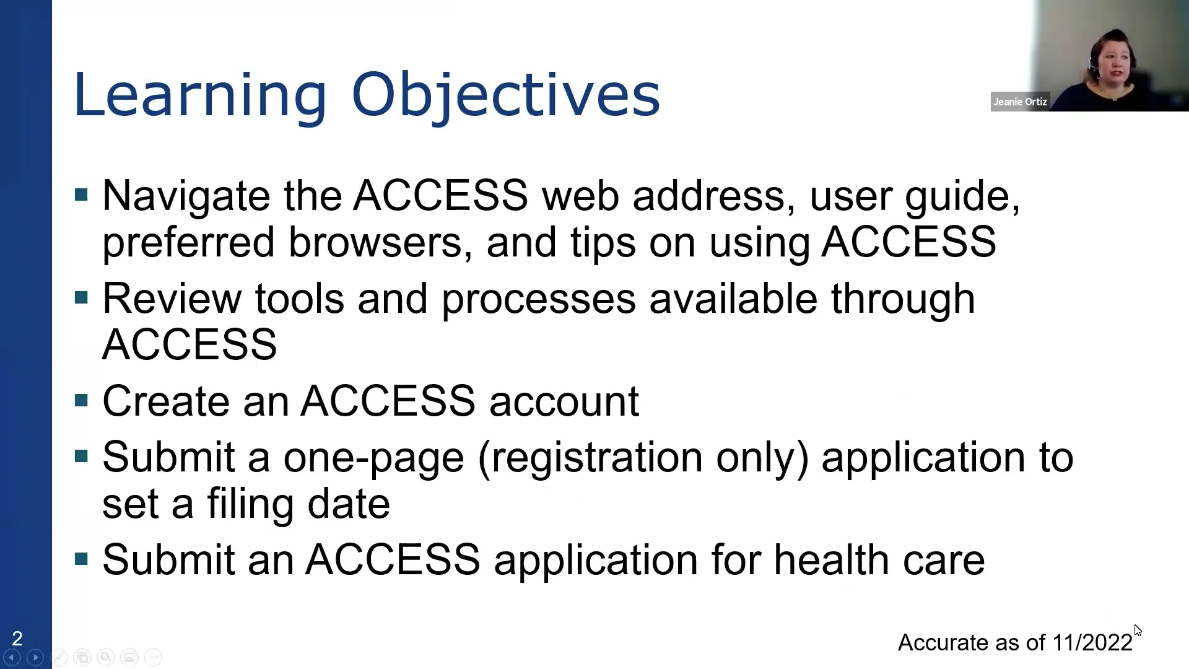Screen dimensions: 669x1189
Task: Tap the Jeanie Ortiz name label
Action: [1020, 102]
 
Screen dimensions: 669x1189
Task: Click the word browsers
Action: [375, 243]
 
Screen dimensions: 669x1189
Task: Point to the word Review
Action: [172, 299]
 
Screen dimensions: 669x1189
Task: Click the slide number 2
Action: [17, 639]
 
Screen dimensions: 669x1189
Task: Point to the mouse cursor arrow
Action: [1138, 631]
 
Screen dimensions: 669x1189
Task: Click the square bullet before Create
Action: [81, 400]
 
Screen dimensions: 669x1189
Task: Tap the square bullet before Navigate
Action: [81, 195]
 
